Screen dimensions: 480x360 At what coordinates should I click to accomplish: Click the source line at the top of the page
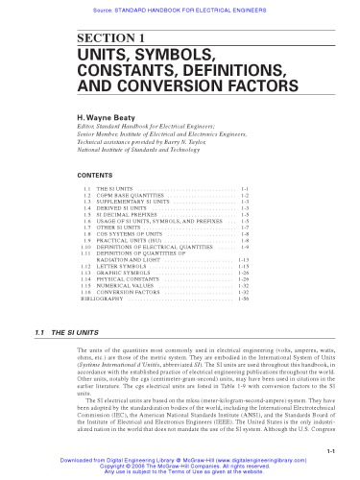click(180, 6)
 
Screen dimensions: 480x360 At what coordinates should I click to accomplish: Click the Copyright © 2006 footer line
click(180, 468)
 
